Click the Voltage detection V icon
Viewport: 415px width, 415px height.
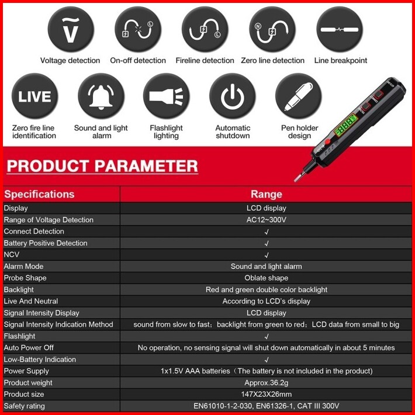click(x=71, y=29)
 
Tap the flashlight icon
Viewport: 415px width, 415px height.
click(x=167, y=96)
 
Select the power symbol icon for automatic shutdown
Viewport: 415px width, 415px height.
click(x=233, y=96)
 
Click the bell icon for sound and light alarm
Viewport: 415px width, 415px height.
click(x=101, y=96)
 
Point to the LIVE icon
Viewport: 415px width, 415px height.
click(x=34, y=96)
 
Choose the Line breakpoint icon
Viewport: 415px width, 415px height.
click(x=340, y=29)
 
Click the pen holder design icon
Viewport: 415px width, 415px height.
click(x=299, y=96)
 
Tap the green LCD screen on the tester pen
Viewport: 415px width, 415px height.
click(x=345, y=125)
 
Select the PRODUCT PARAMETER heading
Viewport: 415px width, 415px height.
click(x=102, y=166)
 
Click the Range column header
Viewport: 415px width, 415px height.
click(x=267, y=194)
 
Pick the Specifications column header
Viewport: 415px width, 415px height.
click(x=39, y=194)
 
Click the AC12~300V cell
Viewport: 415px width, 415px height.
click(x=267, y=220)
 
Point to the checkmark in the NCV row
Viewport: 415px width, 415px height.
click(x=267, y=255)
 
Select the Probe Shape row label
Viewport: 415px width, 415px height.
click(x=25, y=278)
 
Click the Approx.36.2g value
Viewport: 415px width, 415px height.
click(x=267, y=383)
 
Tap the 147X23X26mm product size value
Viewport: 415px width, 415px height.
click(x=267, y=395)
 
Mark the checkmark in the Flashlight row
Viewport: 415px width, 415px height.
click(x=267, y=337)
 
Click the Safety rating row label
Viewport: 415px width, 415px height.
click(x=25, y=406)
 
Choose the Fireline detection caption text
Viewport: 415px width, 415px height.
click(x=205, y=61)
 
